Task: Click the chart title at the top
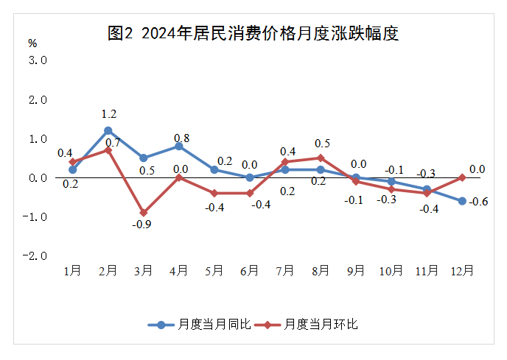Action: pos(253,34)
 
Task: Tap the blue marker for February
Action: pos(108,130)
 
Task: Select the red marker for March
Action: pos(144,213)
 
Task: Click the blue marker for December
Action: pos(462,201)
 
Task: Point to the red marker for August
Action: pos(321,158)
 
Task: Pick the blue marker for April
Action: pos(179,146)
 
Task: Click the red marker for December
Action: pos(462,177)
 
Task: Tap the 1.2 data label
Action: pos(109,114)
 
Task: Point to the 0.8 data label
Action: pos(181,138)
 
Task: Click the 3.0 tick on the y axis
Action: pos(38,60)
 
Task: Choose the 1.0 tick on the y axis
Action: pos(38,138)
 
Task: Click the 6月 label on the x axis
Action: pos(250,271)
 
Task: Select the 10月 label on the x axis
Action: pos(391,271)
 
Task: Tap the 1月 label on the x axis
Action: pos(73,271)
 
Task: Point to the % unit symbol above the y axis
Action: pos(32,43)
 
